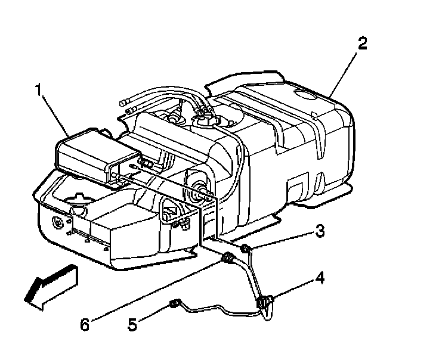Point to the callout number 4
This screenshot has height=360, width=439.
(320, 278)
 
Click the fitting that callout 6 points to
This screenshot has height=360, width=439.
(227, 258)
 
